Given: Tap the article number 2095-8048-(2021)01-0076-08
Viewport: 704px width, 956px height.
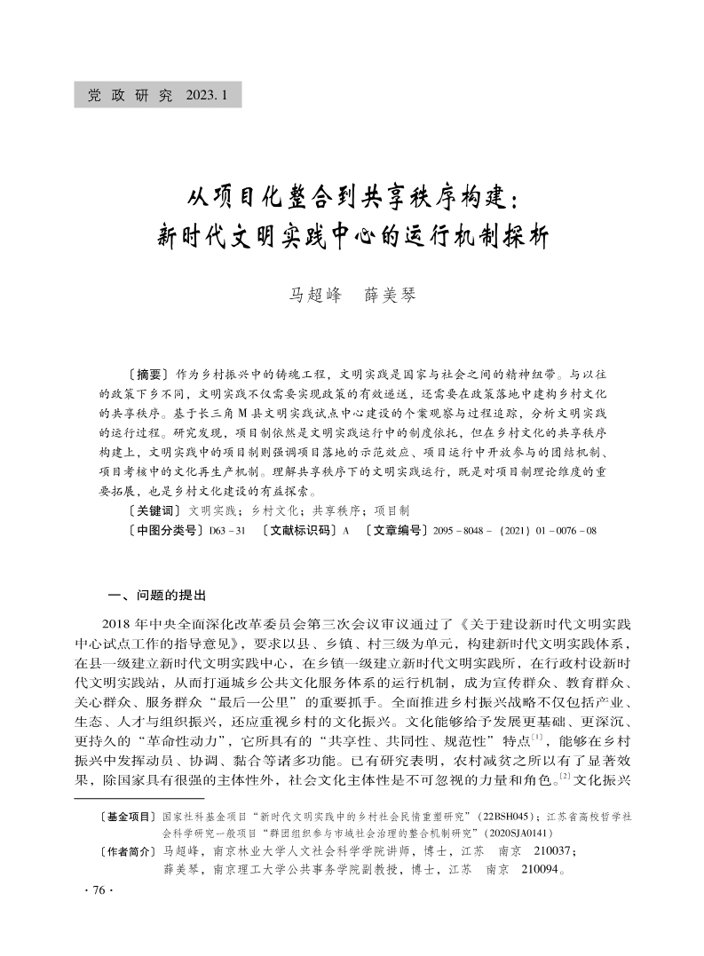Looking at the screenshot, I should click(x=515, y=531).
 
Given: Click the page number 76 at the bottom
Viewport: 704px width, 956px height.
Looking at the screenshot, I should click(x=92, y=890).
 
